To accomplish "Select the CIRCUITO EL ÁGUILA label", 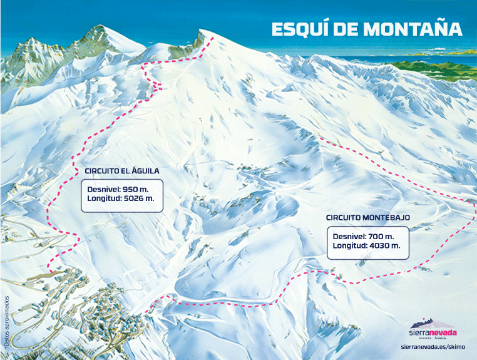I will click(121, 170).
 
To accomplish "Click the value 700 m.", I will click(381, 236).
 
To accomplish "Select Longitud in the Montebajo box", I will click(349, 247).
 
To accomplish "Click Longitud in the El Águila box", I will click(105, 200).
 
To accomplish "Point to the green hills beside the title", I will click(438, 63).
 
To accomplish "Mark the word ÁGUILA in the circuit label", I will click(145, 170).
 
